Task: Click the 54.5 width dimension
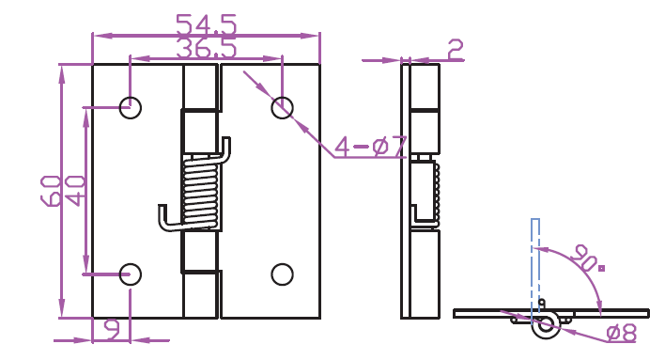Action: click(x=206, y=24)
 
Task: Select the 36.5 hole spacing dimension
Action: click(x=206, y=48)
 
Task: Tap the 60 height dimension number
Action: click(x=51, y=191)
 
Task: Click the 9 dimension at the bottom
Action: click(x=112, y=330)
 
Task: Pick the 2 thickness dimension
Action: click(x=456, y=50)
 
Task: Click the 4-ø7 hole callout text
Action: click(x=371, y=146)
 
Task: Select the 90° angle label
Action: click(x=587, y=258)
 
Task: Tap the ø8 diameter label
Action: click(x=622, y=333)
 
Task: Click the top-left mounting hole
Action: click(x=131, y=107)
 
